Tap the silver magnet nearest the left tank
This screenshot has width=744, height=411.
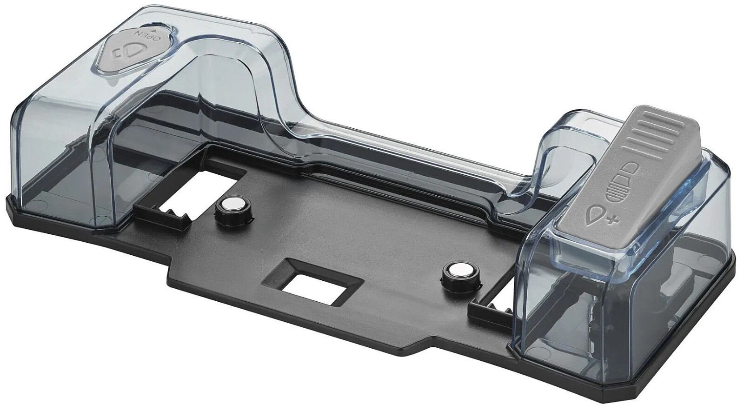click(232, 207)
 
